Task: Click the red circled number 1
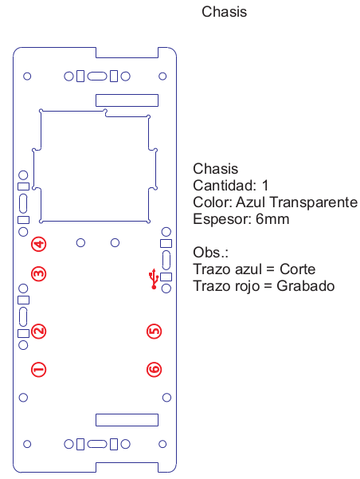click(x=39, y=370)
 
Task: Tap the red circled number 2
click(x=39, y=331)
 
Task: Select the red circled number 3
click(x=39, y=273)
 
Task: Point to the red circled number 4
click(x=39, y=244)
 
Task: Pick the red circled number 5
click(x=155, y=332)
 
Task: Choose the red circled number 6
click(x=155, y=370)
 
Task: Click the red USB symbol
click(x=154, y=279)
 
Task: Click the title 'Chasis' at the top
click(x=224, y=12)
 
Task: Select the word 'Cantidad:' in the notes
click(x=225, y=185)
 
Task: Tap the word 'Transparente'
click(x=314, y=202)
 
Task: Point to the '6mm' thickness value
click(x=272, y=219)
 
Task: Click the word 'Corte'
click(x=297, y=269)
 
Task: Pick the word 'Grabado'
click(x=306, y=286)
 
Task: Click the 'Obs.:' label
click(x=211, y=253)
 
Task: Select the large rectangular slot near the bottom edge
click(x=127, y=420)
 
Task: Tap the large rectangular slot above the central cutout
click(x=127, y=100)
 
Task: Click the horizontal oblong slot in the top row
click(x=97, y=76)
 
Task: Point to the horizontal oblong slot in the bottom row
click(x=97, y=444)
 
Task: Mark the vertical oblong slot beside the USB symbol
click(x=166, y=260)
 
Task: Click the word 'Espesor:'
click(x=222, y=219)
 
